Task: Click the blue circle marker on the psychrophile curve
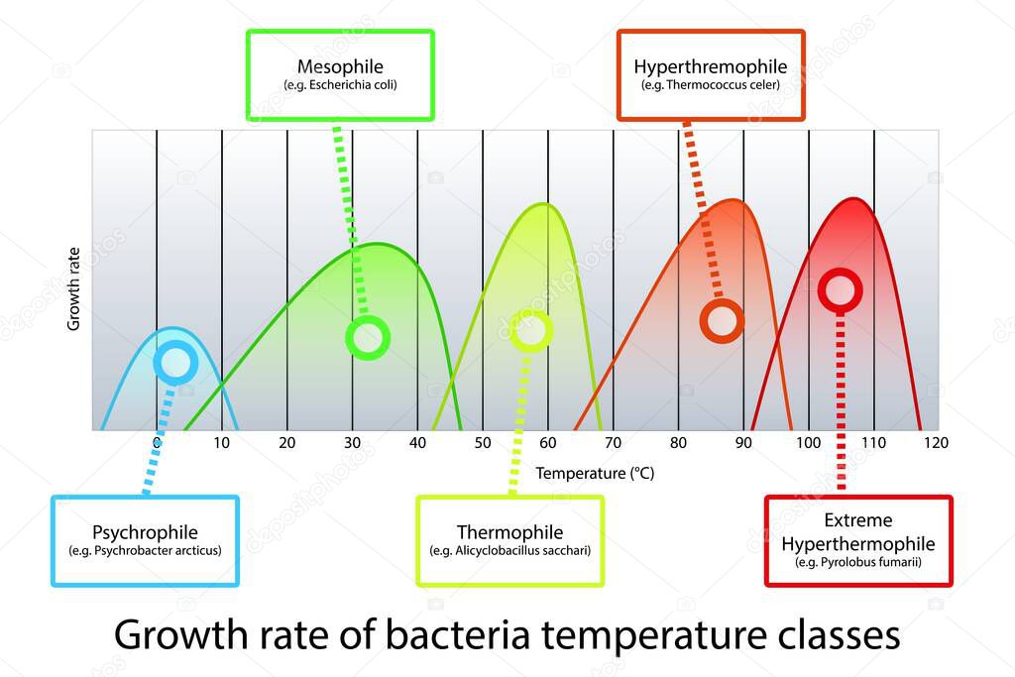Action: point(175,363)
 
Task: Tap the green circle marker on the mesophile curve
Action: point(368,338)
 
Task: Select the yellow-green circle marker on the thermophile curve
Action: point(531,330)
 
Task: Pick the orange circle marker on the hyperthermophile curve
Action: point(722,320)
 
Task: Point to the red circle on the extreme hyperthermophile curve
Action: point(840,290)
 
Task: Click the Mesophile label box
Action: point(340,74)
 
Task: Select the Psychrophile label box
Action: point(145,540)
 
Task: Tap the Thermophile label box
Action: point(509,540)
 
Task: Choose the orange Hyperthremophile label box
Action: point(711,74)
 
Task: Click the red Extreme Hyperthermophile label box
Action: point(858,540)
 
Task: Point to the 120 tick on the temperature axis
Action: point(937,442)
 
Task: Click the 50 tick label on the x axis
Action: point(483,442)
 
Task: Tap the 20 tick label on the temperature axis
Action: point(287,442)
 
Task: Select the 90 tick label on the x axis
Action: point(743,442)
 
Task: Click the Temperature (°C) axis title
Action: point(595,473)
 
